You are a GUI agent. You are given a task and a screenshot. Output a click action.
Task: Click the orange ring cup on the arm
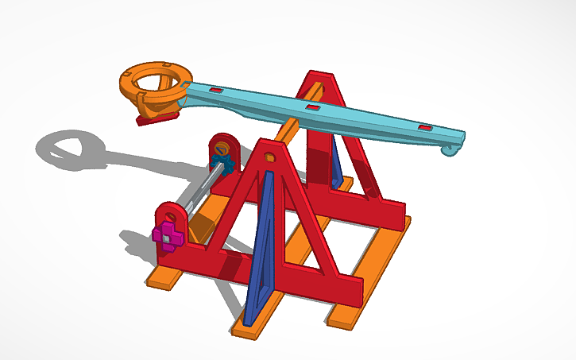click(155, 83)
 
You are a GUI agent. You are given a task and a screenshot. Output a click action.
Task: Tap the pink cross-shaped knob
click(167, 234)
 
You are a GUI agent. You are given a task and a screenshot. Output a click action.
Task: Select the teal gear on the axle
click(224, 165)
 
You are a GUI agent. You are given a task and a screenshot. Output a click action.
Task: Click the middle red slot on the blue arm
click(313, 107)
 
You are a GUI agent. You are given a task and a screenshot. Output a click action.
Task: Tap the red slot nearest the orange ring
click(214, 92)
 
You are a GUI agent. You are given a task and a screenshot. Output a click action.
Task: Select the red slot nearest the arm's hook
click(426, 127)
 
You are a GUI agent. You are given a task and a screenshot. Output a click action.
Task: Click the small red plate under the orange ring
click(157, 119)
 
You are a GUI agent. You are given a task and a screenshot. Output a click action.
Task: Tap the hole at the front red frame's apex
click(269, 157)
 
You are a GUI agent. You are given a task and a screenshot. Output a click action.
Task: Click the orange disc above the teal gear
click(222, 149)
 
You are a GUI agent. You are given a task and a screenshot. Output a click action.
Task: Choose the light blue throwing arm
click(342, 115)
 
